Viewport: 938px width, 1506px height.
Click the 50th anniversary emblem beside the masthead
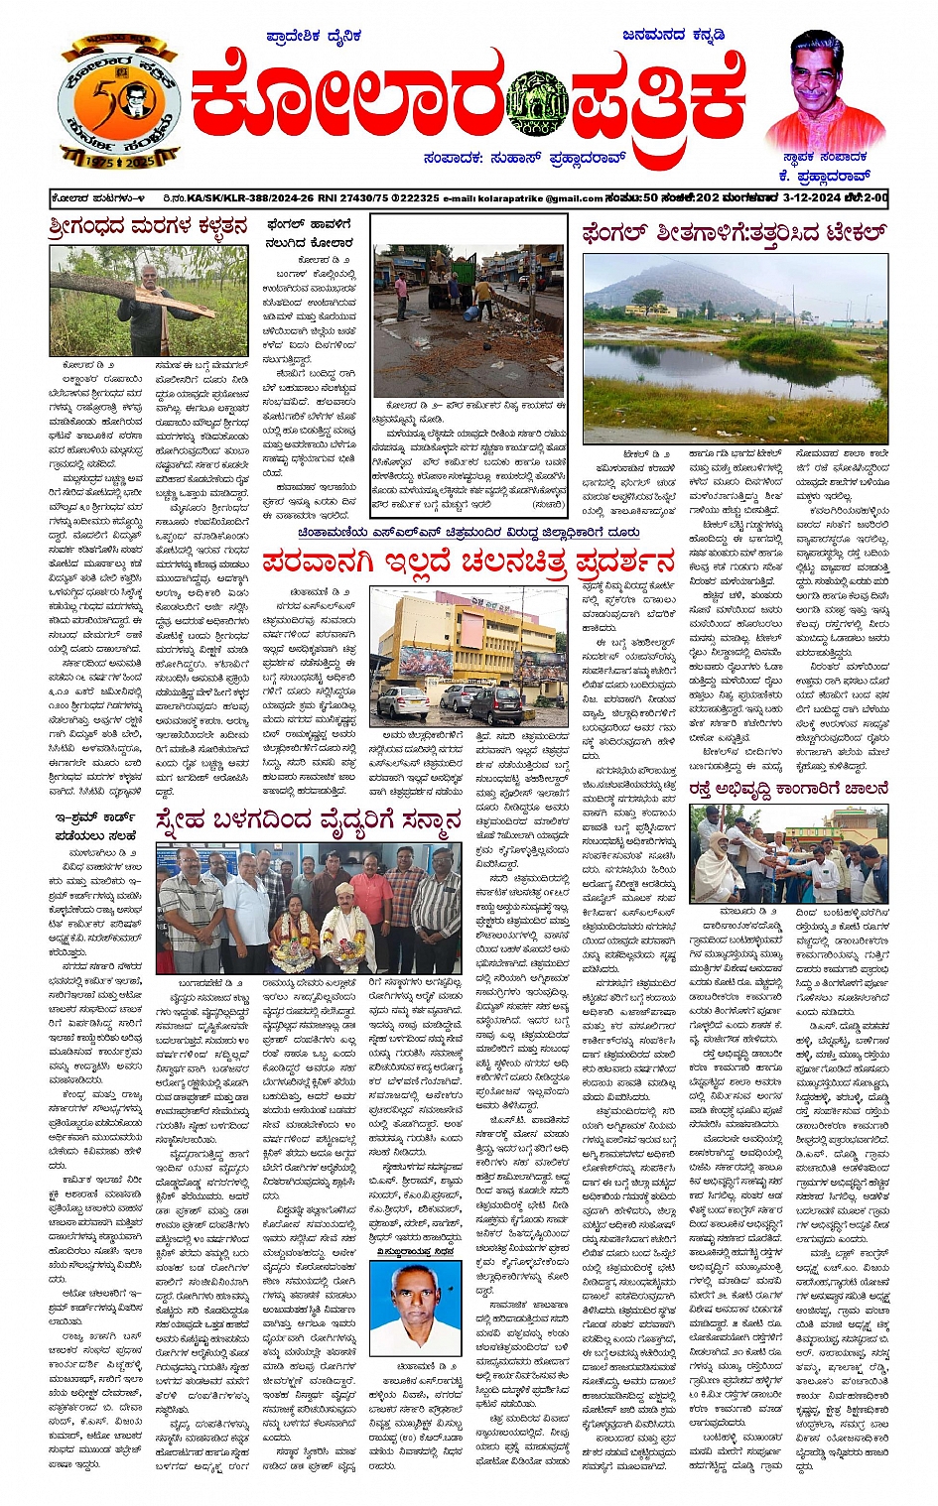117,100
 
